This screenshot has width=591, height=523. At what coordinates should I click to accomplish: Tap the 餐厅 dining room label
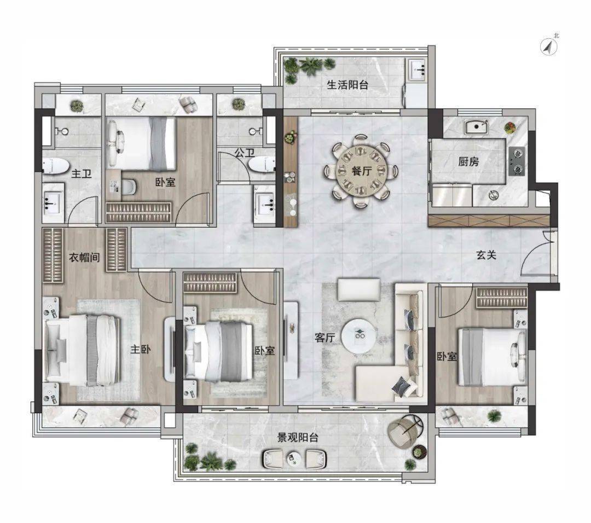point(362,171)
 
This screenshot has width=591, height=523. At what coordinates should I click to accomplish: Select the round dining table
point(362,171)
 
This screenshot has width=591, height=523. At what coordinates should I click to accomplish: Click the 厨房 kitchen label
point(468,161)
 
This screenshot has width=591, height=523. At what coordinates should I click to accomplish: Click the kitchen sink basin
point(476,126)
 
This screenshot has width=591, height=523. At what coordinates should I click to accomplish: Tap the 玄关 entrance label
point(486,255)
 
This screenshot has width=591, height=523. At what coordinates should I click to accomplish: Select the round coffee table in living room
point(359,336)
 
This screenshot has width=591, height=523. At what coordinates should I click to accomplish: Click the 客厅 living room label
point(325,338)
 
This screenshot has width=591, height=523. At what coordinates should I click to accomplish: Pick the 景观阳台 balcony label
point(298,438)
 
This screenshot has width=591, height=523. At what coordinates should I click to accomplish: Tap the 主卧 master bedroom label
point(141,349)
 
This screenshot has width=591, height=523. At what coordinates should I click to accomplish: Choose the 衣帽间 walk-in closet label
point(84,258)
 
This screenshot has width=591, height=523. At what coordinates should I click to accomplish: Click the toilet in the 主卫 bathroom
point(55,166)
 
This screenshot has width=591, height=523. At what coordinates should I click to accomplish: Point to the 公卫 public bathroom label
point(245,153)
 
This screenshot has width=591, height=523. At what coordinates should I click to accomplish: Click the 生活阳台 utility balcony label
point(347,85)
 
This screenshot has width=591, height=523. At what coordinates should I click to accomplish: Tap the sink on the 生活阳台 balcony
point(417,69)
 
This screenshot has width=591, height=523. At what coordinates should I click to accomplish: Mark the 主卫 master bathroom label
point(82,174)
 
